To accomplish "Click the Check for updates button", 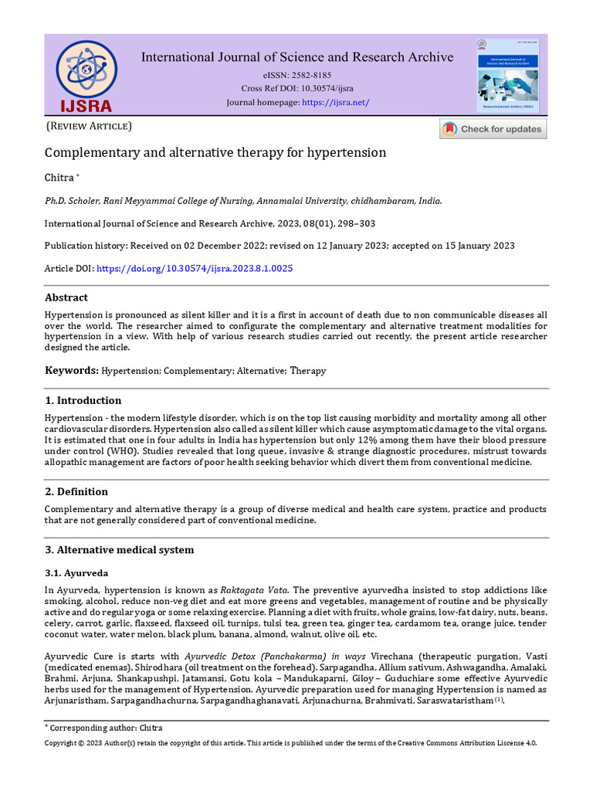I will point(493,129).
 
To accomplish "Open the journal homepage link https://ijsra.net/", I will point(335,102).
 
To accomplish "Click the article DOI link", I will point(193,268).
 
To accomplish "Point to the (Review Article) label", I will point(89,126).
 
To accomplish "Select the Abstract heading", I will point(66,297).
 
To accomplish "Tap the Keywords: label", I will point(71,371).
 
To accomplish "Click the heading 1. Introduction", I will point(83,400).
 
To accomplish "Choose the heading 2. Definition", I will point(76,491).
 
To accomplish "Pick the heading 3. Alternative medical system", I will point(119,550).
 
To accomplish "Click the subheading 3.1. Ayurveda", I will point(76,573).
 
